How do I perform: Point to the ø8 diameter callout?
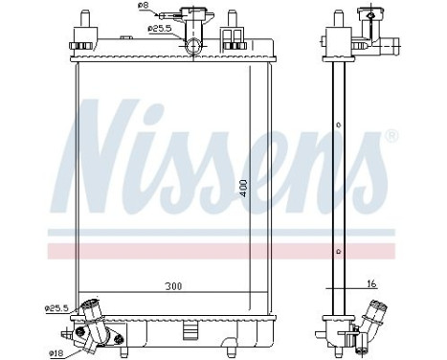point(145,6)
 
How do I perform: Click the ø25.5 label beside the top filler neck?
point(160,28)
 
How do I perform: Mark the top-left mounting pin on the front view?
point(83,24)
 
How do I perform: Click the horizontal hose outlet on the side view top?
point(390,43)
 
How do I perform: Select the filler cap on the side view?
point(366,15)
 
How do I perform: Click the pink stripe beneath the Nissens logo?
point(220,251)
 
